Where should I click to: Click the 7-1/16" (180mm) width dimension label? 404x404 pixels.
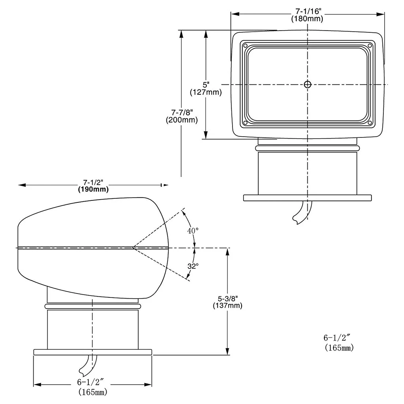307,15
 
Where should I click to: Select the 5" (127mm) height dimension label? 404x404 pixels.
206,88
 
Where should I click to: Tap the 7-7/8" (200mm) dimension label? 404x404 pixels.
182,116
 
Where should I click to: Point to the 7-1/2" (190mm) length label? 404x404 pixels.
93,186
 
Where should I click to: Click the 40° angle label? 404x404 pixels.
193,231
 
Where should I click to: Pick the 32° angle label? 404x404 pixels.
193,266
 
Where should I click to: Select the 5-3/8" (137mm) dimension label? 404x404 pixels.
227,302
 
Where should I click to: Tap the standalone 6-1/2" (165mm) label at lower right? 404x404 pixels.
339,343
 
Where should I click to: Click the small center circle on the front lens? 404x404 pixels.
307,84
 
